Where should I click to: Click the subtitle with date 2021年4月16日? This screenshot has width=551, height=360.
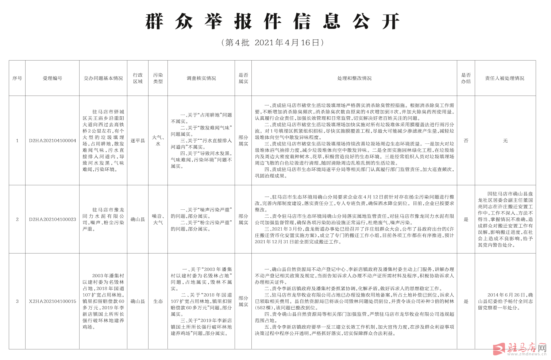(x=273, y=43)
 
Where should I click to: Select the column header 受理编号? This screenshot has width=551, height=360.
(x=52, y=78)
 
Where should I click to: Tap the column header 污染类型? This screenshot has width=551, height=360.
(x=158, y=78)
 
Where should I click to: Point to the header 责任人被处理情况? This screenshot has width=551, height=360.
(x=505, y=78)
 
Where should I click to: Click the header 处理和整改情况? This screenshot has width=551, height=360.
(x=354, y=78)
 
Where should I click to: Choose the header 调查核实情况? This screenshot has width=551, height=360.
(x=201, y=78)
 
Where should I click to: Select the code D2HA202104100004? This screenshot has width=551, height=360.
(x=53, y=141)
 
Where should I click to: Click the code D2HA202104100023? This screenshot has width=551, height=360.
(x=53, y=220)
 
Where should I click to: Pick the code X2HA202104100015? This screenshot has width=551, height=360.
(x=53, y=302)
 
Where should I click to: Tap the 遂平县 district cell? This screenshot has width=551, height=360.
(x=138, y=141)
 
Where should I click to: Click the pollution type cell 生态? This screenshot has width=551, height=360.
(x=158, y=302)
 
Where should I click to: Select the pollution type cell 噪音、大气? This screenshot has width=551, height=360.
(x=158, y=220)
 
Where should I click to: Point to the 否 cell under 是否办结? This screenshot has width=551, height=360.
(x=466, y=141)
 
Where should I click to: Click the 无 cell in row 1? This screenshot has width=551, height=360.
(x=505, y=141)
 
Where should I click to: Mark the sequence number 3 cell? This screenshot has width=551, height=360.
(x=17, y=302)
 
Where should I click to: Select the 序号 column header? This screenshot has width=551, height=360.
(x=17, y=78)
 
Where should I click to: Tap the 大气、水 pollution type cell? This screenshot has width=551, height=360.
(x=158, y=141)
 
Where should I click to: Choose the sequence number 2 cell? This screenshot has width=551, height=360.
(x=17, y=220)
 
